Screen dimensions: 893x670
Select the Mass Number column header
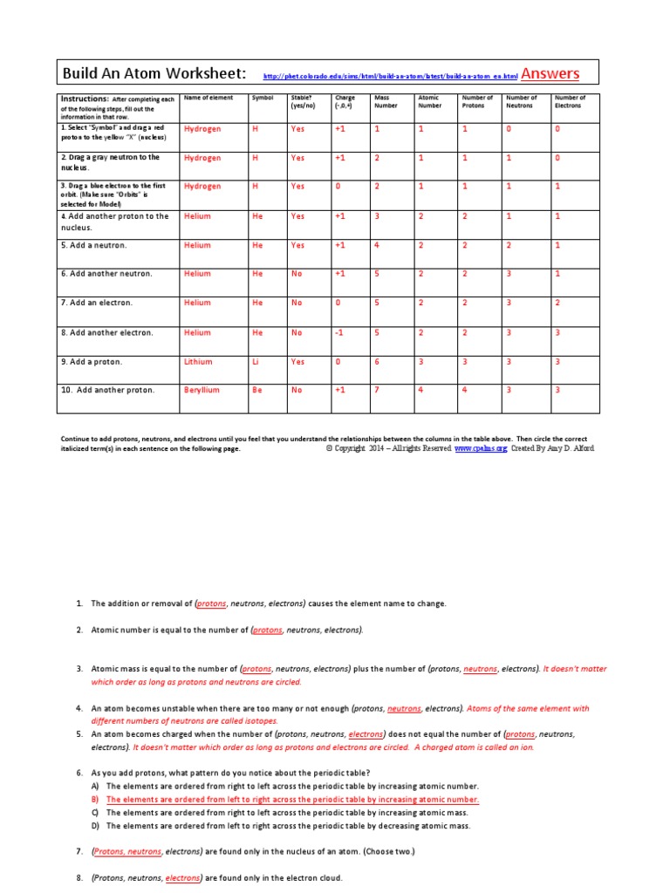tap(385, 102)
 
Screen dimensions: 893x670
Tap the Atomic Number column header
tap(429, 102)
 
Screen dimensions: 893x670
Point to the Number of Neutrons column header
tap(521, 102)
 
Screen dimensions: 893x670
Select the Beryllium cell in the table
tap(202, 390)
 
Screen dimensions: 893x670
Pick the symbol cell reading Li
tap(256, 361)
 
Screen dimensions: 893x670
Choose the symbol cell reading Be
tap(256, 390)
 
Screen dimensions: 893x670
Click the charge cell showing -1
tap(340, 332)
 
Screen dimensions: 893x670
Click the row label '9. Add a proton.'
tap(91, 361)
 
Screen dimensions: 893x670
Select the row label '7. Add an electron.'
tap(96, 303)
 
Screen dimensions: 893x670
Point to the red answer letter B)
tap(95, 799)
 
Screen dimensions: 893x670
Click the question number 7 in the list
tap(79, 850)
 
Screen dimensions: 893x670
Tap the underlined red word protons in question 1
tap(211, 603)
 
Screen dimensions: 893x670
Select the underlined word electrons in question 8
tap(183, 878)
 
